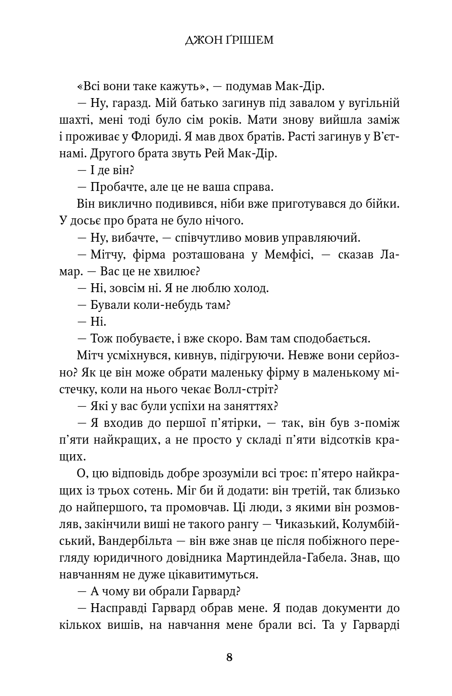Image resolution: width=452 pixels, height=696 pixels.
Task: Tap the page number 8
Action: [229, 657]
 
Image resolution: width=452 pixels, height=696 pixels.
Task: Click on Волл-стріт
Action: [251, 389]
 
